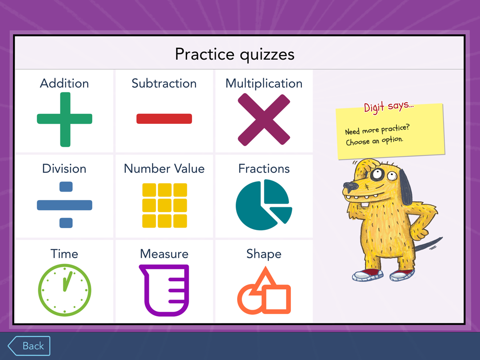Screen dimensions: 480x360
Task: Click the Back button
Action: click(x=29, y=346)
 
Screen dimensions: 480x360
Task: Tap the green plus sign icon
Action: click(x=65, y=119)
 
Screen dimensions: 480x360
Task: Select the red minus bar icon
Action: click(x=164, y=119)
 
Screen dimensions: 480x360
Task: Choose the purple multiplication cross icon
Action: click(x=264, y=120)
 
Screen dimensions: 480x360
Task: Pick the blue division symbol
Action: click(x=65, y=205)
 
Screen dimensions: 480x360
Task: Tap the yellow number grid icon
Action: click(x=165, y=205)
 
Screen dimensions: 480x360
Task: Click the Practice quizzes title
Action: click(x=235, y=55)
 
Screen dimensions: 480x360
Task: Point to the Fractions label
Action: click(x=264, y=168)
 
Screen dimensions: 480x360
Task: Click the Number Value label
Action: click(x=164, y=168)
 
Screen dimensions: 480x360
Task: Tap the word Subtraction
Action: click(x=164, y=84)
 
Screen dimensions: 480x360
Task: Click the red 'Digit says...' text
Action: click(x=389, y=107)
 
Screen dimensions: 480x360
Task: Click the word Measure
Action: click(x=164, y=254)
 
